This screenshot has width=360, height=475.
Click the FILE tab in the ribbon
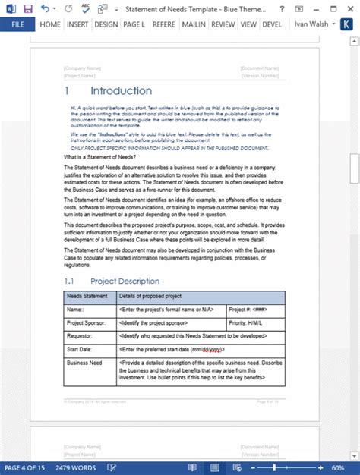pos(17,24)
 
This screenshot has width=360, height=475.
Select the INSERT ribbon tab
pos(77,24)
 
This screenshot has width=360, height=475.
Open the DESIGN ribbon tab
pos(106,24)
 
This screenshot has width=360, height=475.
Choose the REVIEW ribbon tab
pos(223,24)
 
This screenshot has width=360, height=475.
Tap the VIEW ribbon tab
pos(248,24)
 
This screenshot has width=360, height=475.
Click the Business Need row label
pos(86,363)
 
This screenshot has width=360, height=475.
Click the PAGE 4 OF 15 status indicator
pos(27,467)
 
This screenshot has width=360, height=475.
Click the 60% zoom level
pos(347,467)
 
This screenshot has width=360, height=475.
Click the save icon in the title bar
pos(28,8)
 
